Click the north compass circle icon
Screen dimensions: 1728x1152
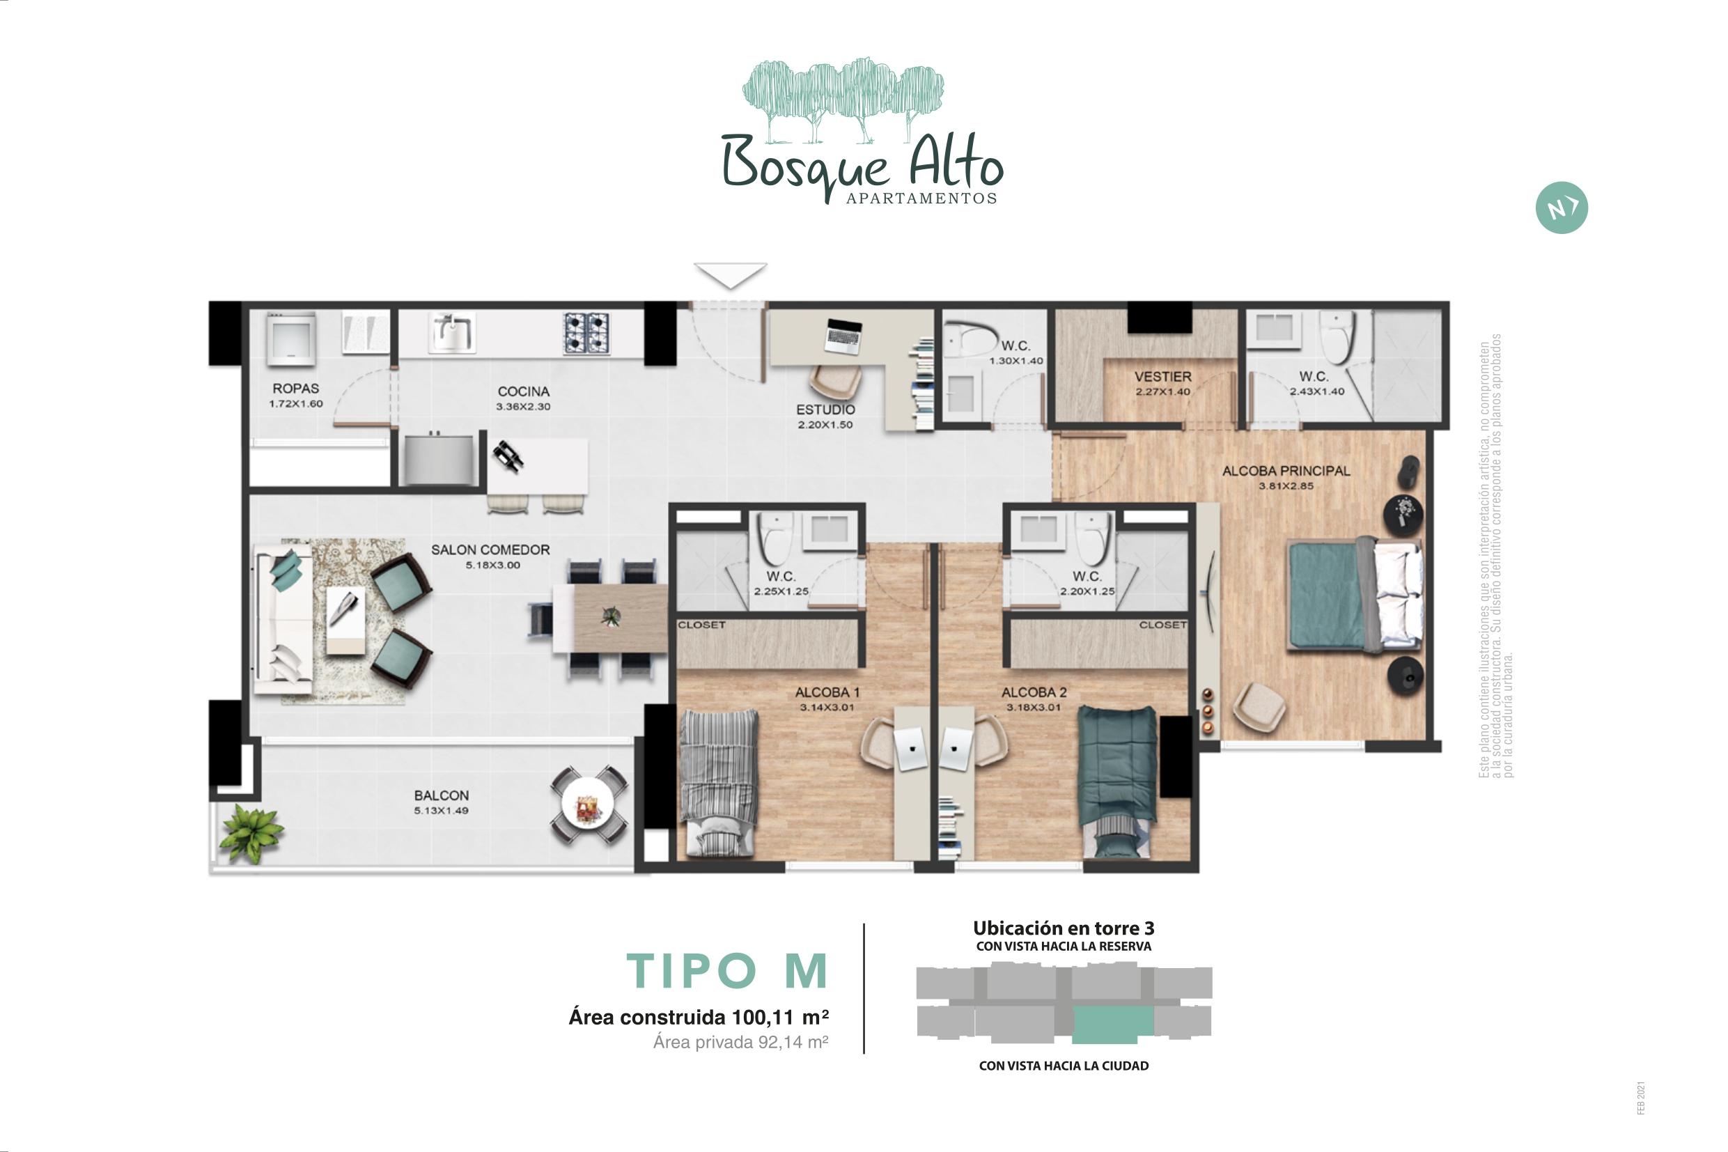pyautogui.click(x=1562, y=208)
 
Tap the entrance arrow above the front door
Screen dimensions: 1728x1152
pyautogui.click(x=731, y=275)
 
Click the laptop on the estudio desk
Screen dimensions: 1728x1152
pyautogui.click(x=843, y=336)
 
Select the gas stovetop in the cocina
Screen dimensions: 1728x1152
pyautogui.click(x=586, y=333)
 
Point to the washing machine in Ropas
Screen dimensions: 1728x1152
pyautogui.click(x=291, y=338)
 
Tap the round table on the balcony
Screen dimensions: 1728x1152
pyautogui.click(x=589, y=804)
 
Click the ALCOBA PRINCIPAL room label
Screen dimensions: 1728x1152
pyautogui.click(x=1286, y=471)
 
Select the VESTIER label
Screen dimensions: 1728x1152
pyautogui.click(x=1162, y=376)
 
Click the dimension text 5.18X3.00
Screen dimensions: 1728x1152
pyautogui.click(x=492, y=565)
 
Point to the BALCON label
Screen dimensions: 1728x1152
pyautogui.click(x=441, y=795)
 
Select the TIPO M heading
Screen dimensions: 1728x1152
pyautogui.click(x=727, y=970)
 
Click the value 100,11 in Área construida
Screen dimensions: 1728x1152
pyautogui.click(x=763, y=1018)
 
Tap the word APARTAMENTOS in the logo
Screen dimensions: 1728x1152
pyautogui.click(x=921, y=199)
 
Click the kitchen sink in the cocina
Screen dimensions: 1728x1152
pyautogui.click(x=451, y=333)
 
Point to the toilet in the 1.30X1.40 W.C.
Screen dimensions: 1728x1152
pyautogui.click(x=970, y=338)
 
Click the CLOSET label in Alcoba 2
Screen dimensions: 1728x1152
pyautogui.click(x=1162, y=625)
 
